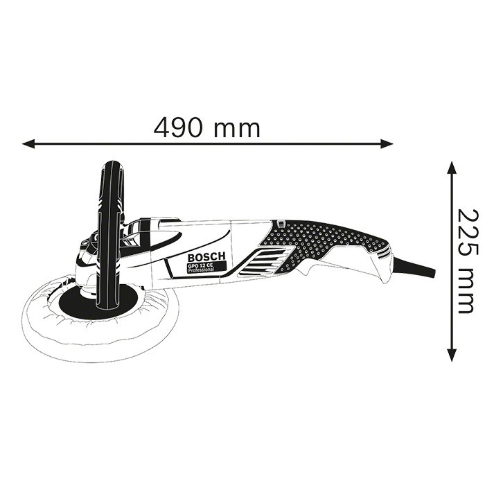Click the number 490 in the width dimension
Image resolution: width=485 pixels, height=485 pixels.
tap(179, 127)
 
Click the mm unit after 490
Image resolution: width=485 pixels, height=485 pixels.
tap(237, 130)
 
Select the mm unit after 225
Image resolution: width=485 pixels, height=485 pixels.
tap(465, 292)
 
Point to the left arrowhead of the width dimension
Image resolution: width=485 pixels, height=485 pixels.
tap(28, 143)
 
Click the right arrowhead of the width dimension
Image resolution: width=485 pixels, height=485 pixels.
tap(387, 143)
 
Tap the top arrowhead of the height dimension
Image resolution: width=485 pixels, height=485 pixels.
tap(452, 168)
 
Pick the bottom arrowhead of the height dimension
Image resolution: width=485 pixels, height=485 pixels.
tap(452, 355)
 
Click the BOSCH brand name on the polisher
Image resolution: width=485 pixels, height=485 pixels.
tap(206, 257)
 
